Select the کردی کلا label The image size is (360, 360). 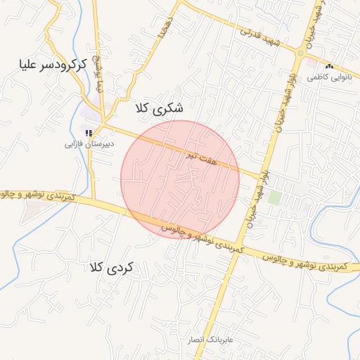(x=116, y=267)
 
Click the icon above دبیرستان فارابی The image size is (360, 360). (x=88, y=132)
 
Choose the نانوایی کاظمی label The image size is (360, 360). (x=328, y=77)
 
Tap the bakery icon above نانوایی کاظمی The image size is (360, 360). (x=329, y=66)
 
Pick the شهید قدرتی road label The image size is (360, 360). (x=259, y=37)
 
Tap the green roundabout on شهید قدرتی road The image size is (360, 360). (x=300, y=53)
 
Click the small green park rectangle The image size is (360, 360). (x=274, y=198)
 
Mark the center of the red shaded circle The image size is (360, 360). (x=180, y=179)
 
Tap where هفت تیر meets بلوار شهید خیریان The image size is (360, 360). (x=262, y=176)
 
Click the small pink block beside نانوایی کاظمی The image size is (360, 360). (x=311, y=63)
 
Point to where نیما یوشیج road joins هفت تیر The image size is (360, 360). (x=103, y=124)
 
